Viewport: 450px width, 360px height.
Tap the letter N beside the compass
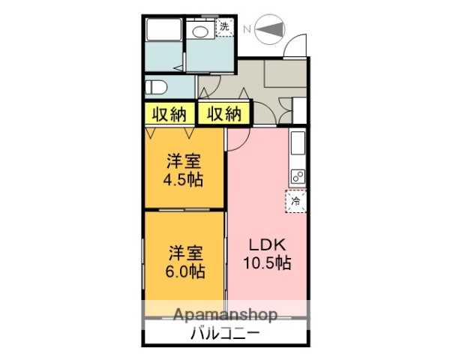[x=247, y=29]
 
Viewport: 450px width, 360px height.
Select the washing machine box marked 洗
[x=224, y=28]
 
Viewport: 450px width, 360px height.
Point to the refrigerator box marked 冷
[x=297, y=200]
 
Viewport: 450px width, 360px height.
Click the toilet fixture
[x=155, y=87]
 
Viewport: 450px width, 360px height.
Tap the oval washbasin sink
[x=200, y=32]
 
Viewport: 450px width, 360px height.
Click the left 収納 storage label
[x=169, y=114]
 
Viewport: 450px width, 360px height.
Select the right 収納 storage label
[x=224, y=114]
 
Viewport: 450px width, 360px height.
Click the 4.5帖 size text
[x=184, y=179]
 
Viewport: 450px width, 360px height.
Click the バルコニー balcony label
[x=225, y=333]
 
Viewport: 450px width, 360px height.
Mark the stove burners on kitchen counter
[x=297, y=178]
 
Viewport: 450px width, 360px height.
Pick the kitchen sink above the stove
[x=297, y=142]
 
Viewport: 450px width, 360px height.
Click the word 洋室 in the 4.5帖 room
[x=184, y=161]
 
